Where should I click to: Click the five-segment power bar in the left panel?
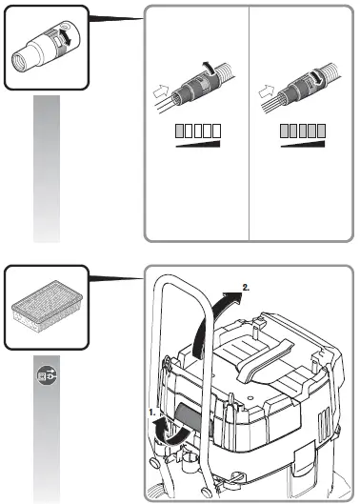click(196, 130)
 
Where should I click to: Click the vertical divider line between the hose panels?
click(249, 124)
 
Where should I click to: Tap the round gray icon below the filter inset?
click(47, 375)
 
